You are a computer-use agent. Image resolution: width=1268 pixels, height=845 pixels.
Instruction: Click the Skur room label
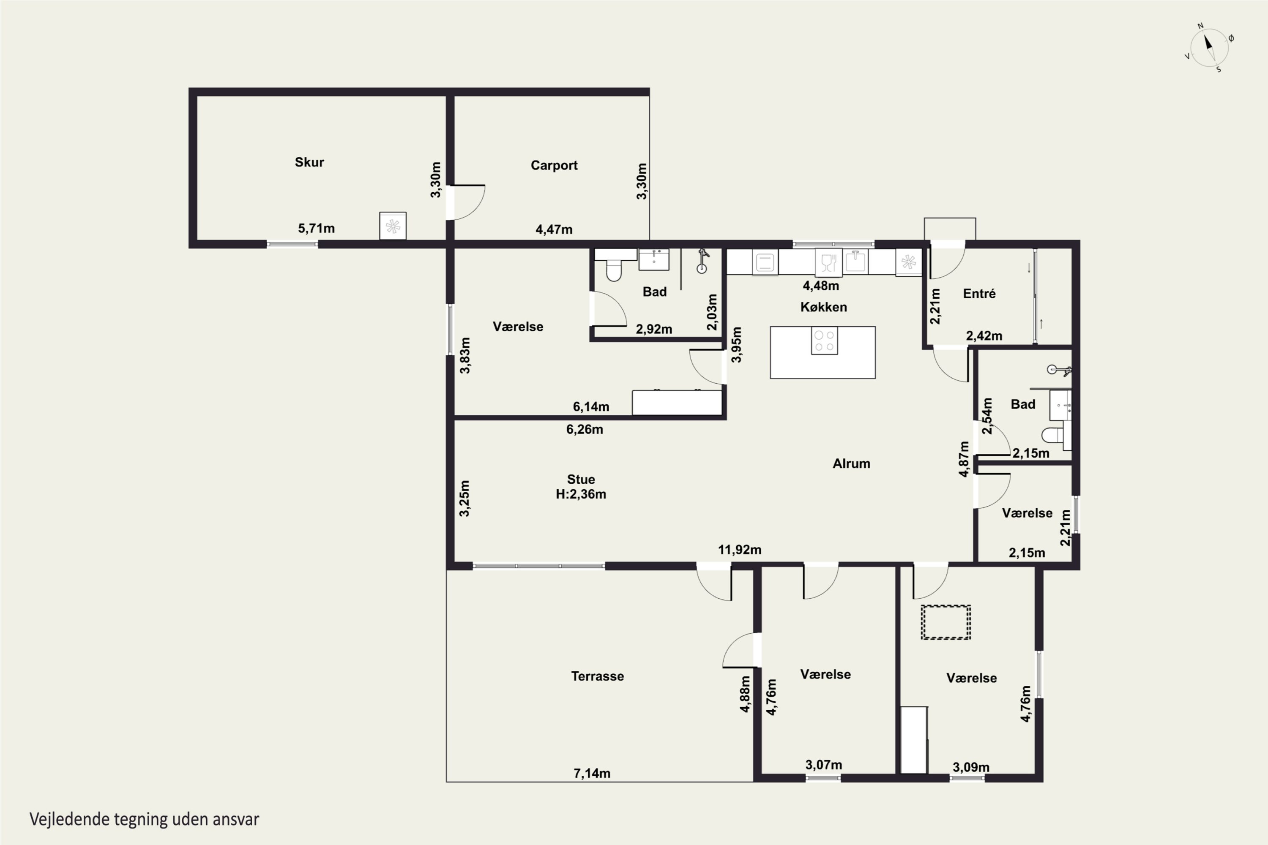coord(309,162)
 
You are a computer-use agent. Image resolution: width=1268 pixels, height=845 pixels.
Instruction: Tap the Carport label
coord(554,166)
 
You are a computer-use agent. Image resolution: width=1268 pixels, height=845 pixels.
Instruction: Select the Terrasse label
coord(597,676)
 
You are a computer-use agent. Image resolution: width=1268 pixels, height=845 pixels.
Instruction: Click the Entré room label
coord(979,294)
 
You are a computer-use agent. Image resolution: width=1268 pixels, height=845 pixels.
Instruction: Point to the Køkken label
coord(823,307)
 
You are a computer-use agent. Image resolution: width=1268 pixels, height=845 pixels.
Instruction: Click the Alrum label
coord(851,463)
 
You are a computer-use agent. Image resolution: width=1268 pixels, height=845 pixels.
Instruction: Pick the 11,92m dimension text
coord(740,550)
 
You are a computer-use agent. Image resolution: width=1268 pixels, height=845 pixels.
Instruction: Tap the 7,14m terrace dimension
coord(592,773)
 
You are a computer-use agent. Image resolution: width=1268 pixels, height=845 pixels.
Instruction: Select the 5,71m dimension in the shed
coord(317,229)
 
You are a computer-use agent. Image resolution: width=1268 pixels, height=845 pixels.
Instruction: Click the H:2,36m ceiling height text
coord(581,494)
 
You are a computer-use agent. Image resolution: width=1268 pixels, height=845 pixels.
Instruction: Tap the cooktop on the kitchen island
coord(824,341)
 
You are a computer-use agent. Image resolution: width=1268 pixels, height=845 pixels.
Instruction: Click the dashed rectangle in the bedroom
coord(946,622)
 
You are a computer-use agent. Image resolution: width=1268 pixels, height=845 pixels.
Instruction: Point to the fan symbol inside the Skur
coord(393,226)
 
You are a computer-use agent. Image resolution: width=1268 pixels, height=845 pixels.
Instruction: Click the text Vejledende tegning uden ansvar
coord(144,819)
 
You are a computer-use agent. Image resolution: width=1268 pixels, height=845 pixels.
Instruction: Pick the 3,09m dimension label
coord(971,767)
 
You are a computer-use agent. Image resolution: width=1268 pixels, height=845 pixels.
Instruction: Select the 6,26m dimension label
coord(585,430)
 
